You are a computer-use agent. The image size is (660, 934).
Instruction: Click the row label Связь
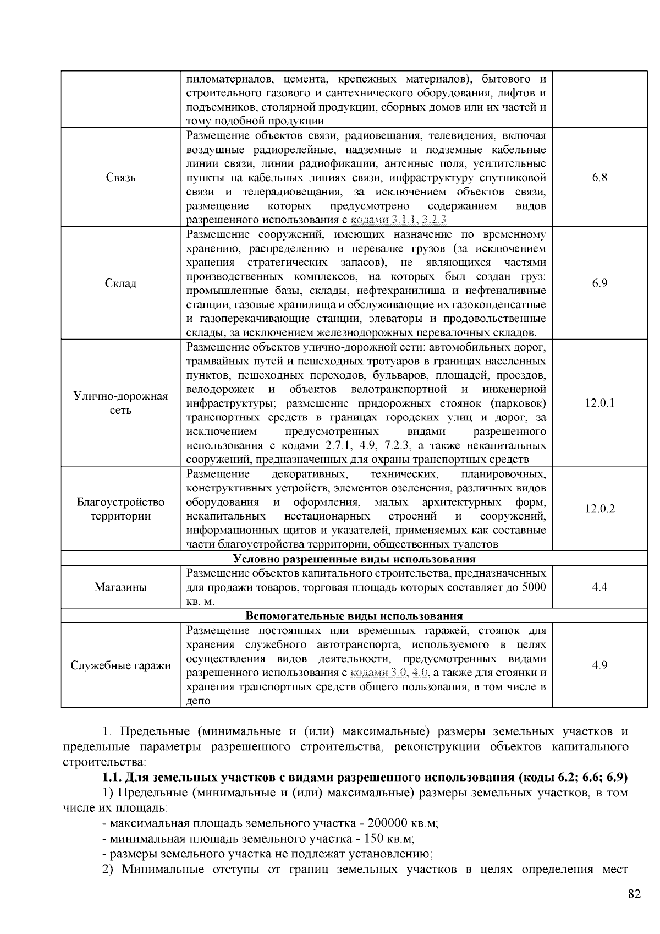(120, 178)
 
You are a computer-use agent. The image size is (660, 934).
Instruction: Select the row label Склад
(120, 283)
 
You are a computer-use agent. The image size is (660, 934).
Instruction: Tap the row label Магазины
(120, 587)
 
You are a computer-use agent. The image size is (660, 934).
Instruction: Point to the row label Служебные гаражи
(120, 665)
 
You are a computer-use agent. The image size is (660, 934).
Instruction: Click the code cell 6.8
(599, 178)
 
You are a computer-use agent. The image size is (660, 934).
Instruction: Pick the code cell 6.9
(599, 283)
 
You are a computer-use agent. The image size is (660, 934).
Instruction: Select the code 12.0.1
(599, 403)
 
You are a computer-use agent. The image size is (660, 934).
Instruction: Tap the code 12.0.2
(599, 509)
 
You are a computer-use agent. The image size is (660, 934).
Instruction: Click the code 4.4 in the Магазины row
(599, 587)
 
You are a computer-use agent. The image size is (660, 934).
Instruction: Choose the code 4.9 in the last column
(599, 665)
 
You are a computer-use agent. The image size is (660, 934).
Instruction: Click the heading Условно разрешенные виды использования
(354, 559)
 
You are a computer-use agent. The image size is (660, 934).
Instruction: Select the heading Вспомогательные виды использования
(354, 616)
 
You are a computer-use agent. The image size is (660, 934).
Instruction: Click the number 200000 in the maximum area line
(387, 824)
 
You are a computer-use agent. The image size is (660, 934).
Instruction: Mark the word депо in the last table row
(199, 701)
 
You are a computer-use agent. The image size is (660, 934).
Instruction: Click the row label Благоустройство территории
(120, 509)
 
